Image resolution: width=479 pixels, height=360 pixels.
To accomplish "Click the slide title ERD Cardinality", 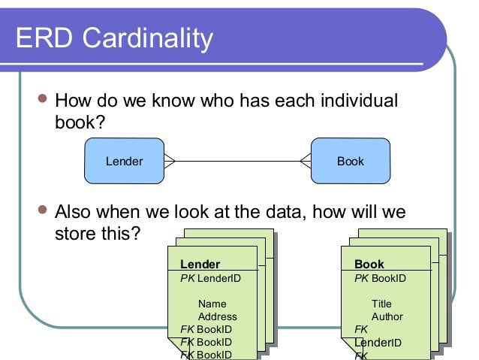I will tap(115, 37).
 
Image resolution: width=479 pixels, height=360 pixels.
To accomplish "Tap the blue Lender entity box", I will tap(124, 161).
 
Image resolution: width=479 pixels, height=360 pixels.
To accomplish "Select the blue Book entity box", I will tap(350, 161).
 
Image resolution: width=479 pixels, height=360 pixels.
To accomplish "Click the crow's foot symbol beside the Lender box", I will tap(170, 161).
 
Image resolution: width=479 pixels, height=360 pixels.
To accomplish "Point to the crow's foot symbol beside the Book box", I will tap(305, 161).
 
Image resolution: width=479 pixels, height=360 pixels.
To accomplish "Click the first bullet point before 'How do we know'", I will tap(42, 100).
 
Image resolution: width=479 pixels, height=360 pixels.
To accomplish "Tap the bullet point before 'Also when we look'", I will tap(42, 211).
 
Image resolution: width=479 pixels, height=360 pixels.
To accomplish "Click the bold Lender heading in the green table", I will tap(200, 265).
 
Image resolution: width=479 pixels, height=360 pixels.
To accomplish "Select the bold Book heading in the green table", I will tap(369, 265).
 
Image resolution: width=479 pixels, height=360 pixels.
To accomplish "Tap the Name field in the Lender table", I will tap(212, 304).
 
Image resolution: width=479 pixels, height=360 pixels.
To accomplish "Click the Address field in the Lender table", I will tap(217, 316).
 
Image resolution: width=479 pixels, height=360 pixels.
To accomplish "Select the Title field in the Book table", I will tap(381, 304).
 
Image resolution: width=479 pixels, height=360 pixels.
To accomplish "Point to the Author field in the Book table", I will tap(387, 316).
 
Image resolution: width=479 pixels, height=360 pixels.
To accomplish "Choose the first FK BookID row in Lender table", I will tap(206, 329).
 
